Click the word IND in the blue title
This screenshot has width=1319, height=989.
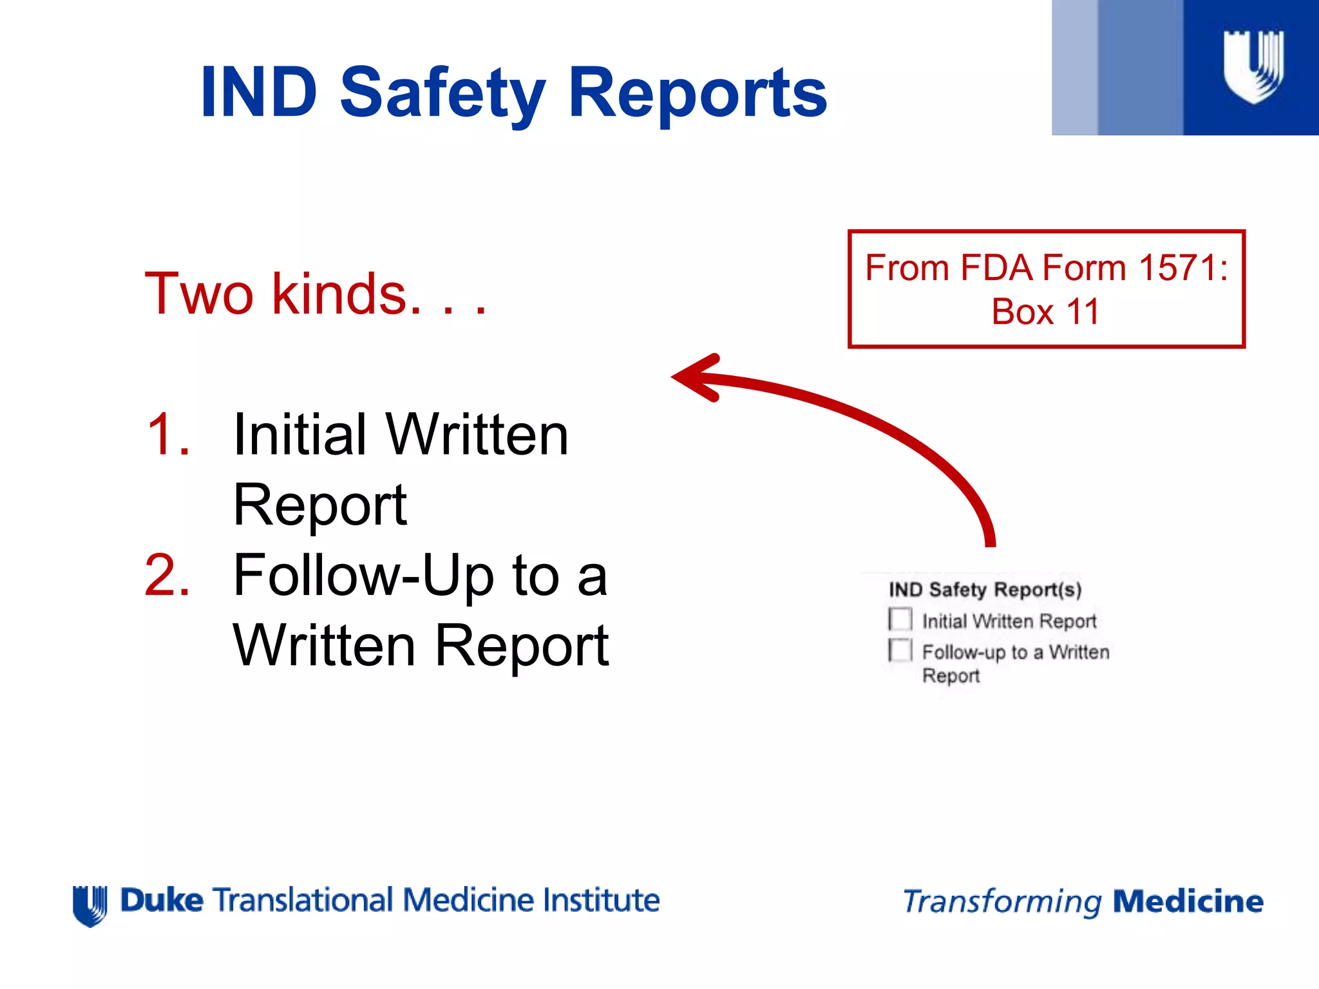point(259,93)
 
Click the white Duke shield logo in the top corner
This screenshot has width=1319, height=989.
point(1253,66)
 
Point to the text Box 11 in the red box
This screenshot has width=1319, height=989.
point(1045,312)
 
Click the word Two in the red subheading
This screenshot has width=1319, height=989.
point(199,294)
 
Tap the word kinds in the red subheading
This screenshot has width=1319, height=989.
point(339,294)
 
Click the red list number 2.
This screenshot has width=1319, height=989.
point(167,575)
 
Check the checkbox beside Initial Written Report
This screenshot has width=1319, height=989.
point(900,619)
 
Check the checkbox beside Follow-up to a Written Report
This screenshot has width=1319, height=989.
point(900,650)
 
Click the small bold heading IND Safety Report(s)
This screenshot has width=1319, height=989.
point(985,589)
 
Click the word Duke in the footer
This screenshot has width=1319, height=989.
point(162,900)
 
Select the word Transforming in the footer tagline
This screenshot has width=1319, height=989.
point(1002,901)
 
